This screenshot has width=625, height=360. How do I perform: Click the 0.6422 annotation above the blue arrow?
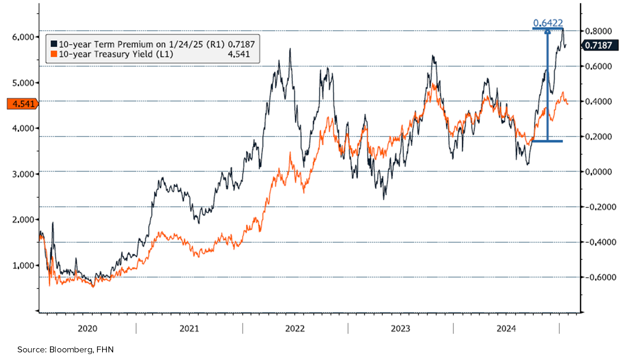[548, 23]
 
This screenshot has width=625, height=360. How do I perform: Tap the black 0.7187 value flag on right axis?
[598, 45]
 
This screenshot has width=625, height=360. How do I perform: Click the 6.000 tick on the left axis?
[23, 37]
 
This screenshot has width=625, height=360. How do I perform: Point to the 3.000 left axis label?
[23, 174]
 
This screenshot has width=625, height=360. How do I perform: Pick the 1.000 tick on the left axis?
[23, 266]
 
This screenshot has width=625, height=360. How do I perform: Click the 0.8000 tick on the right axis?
[599, 31]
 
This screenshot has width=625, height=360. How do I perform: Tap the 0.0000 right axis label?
[599, 172]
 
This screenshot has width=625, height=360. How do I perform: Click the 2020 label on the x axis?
[88, 329]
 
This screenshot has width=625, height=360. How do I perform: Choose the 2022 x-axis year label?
[295, 329]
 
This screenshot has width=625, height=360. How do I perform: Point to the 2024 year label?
[506, 329]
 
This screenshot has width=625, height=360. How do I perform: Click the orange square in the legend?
[54, 54]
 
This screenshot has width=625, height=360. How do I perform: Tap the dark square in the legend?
[54, 44]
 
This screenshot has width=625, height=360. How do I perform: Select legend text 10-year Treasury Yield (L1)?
[116, 54]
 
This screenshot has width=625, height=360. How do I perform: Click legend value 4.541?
[239, 54]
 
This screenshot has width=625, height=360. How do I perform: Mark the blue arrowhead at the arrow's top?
[547, 31]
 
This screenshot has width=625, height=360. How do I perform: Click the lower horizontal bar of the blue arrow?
[547, 141]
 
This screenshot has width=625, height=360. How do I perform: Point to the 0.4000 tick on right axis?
[599, 101]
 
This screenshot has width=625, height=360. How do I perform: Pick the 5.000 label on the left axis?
[23, 83]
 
